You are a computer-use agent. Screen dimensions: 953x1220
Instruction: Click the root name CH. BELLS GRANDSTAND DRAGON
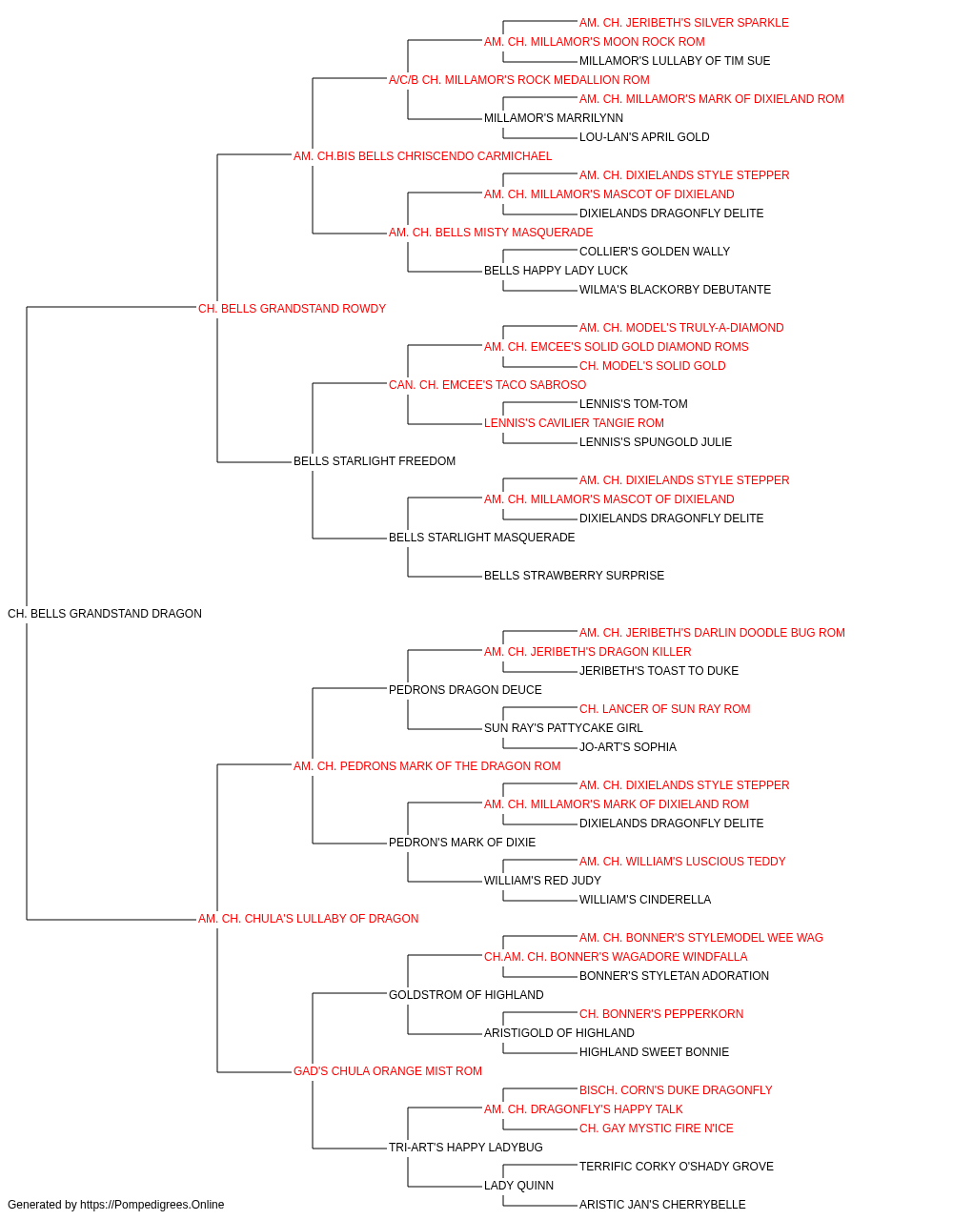tap(105, 613)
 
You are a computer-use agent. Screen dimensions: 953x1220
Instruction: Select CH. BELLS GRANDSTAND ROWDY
tap(292, 308)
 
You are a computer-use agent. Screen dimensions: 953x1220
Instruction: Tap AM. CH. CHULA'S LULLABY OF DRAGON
tap(308, 919)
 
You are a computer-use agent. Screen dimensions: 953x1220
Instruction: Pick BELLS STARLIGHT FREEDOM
tap(375, 461)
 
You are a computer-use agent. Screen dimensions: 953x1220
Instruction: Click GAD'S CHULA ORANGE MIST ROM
tap(387, 1070)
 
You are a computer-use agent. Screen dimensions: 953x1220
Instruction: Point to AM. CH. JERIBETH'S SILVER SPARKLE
tap(683, 23)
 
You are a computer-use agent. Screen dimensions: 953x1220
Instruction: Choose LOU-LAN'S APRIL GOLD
tap(644, 137)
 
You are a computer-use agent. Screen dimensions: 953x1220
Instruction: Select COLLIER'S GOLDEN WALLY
tap(655, 251)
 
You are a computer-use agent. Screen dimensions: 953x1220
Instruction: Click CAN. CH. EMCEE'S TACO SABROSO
tap(487, 384)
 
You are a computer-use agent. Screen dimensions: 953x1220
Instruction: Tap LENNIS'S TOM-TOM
tap(633, 404)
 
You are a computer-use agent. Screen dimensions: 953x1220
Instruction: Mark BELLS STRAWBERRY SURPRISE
tap(574, 576)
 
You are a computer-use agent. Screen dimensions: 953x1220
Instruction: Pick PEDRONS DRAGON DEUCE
tap(465, 689)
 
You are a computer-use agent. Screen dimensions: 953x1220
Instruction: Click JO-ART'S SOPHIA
tap(627, 746)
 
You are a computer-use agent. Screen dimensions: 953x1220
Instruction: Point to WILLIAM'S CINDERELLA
tap(645, 900)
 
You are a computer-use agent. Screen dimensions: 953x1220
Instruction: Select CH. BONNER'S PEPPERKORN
tap(661, 1013)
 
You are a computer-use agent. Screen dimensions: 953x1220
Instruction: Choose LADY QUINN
tap(518, 1185)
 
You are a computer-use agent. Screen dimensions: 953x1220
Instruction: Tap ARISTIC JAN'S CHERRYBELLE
tap(662, 1205)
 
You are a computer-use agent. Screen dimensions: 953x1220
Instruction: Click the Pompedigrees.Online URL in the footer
tap(152, 1205)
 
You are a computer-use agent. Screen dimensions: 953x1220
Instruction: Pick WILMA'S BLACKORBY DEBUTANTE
tap(675, 289)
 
